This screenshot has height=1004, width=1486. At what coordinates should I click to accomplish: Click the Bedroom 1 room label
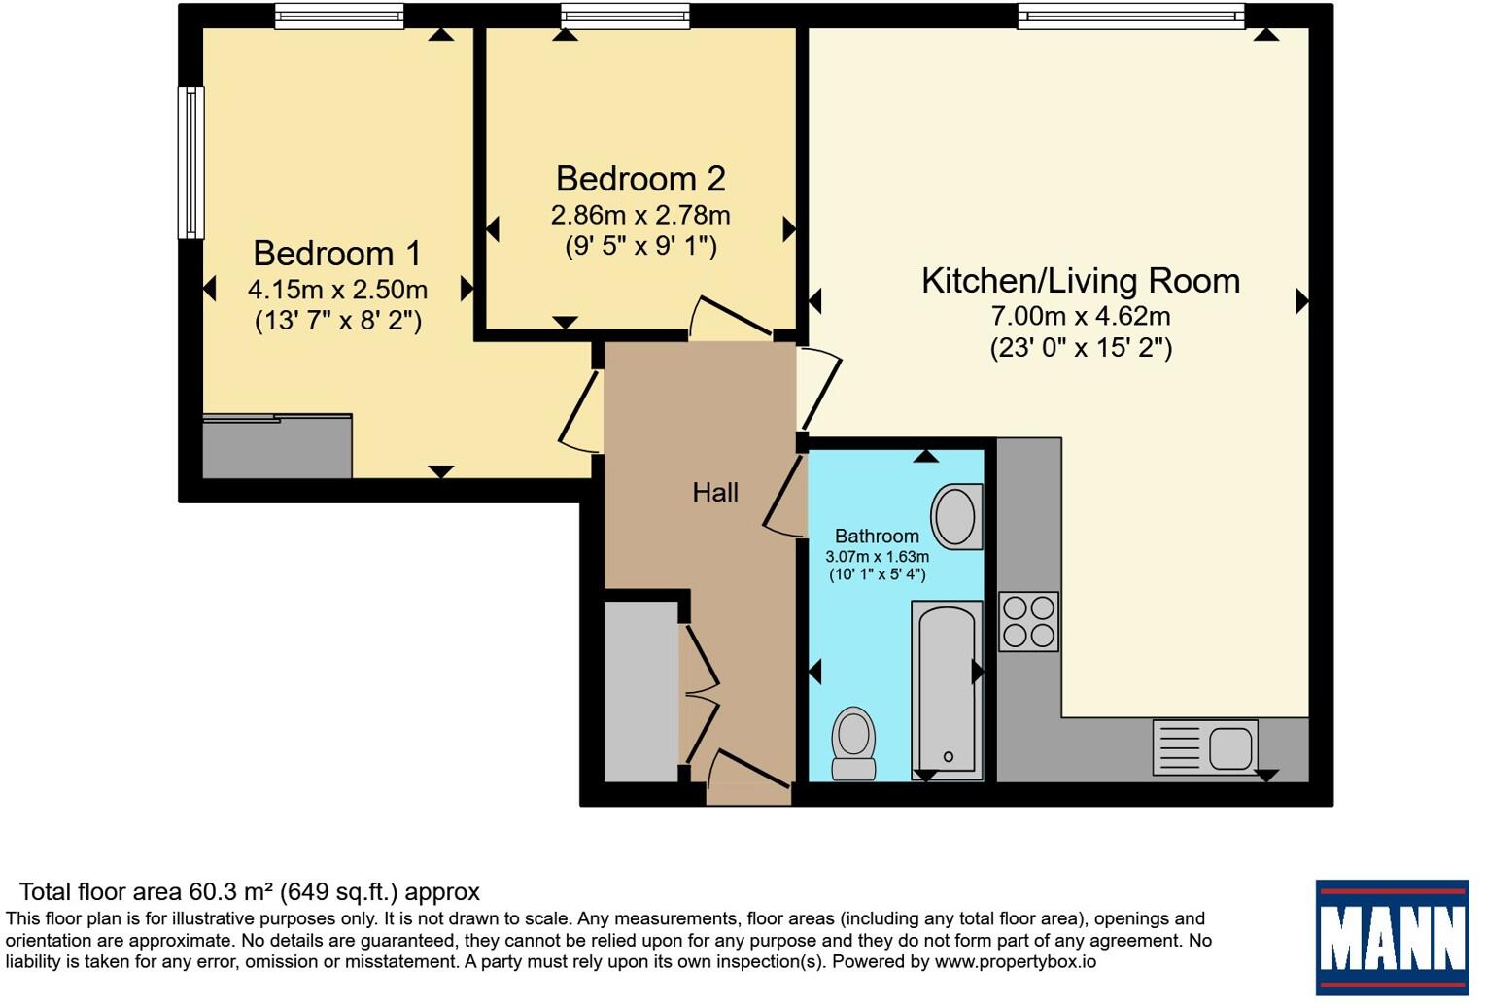click(337, 254)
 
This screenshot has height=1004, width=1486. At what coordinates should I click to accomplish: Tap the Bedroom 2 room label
click(640, 179)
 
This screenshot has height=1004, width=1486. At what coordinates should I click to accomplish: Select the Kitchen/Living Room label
click(1081, 281)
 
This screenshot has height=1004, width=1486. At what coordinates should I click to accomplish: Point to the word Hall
click(715, 493)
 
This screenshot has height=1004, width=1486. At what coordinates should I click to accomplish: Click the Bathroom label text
click(877, 536)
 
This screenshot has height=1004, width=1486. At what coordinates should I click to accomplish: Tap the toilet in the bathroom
click(853, 744)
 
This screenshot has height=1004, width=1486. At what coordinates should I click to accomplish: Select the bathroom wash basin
click(956, 516)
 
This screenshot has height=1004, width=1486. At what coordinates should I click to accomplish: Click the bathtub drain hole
click(948, 756)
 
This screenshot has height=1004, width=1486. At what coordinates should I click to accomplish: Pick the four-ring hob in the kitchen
click(1028, 622)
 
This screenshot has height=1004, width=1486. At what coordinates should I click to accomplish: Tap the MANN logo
click(1393, 937)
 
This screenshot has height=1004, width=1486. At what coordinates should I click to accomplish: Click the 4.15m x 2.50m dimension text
click(337, 290)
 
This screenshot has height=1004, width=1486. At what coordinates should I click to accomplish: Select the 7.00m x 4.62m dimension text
click(1081, 316)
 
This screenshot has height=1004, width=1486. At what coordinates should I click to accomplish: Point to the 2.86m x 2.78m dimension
click(640, 215)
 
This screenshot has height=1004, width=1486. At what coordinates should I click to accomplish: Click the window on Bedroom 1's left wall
click(191, 162)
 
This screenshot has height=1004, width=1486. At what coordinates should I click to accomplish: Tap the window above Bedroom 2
click(626, 16)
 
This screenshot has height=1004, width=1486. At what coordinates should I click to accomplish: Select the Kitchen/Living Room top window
click(1131, 16)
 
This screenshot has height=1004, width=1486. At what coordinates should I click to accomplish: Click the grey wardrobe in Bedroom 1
click(277, 446)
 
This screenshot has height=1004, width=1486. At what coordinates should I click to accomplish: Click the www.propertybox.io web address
click(1016, 961)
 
